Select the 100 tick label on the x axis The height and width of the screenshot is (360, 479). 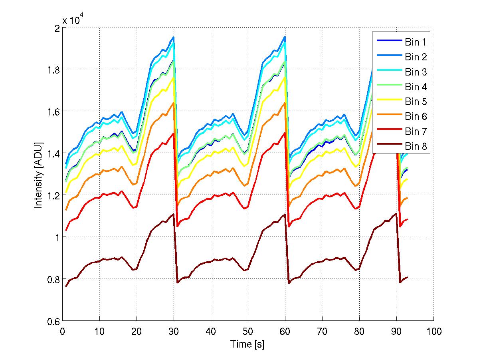click(433, 331)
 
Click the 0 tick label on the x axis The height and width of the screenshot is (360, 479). click(62, 331)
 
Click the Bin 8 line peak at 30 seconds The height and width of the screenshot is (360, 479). click(173, 214)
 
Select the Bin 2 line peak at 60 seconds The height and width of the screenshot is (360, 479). click(285, 37)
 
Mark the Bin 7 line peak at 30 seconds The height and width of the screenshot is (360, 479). click(173, 133)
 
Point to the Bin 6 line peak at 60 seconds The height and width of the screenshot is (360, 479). click(285, 103)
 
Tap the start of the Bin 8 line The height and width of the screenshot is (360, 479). click(66, 286)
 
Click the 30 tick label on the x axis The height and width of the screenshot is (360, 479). click(173, 331)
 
